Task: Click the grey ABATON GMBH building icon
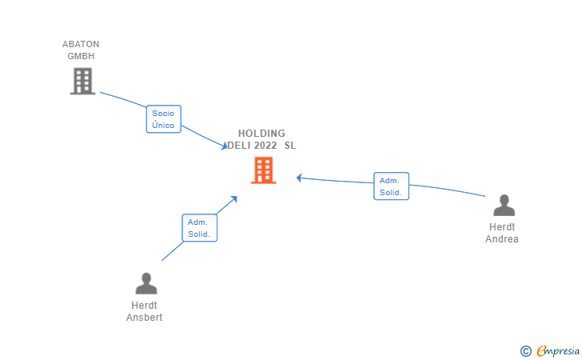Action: [82, 81]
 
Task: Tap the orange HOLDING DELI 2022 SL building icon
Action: [263, 170]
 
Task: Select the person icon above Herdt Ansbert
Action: [146, 283]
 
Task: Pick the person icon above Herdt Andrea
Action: [504, 206]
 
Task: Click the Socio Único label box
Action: [163, 119]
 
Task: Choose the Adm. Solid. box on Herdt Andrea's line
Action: [391, 186]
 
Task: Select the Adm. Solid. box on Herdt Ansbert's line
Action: [199, 228]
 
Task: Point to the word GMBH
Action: [81, 56]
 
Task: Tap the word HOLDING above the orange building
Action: [261, 134]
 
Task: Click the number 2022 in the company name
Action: [262, 146]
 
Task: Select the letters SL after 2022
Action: [289, 146]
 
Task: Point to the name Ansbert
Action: [145, 318]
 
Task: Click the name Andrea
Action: [502, 239]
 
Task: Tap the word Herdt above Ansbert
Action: [144, 306]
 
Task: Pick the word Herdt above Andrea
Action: [502, 227]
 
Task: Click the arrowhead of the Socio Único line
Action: [225, 146]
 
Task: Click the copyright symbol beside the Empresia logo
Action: [525, 350]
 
